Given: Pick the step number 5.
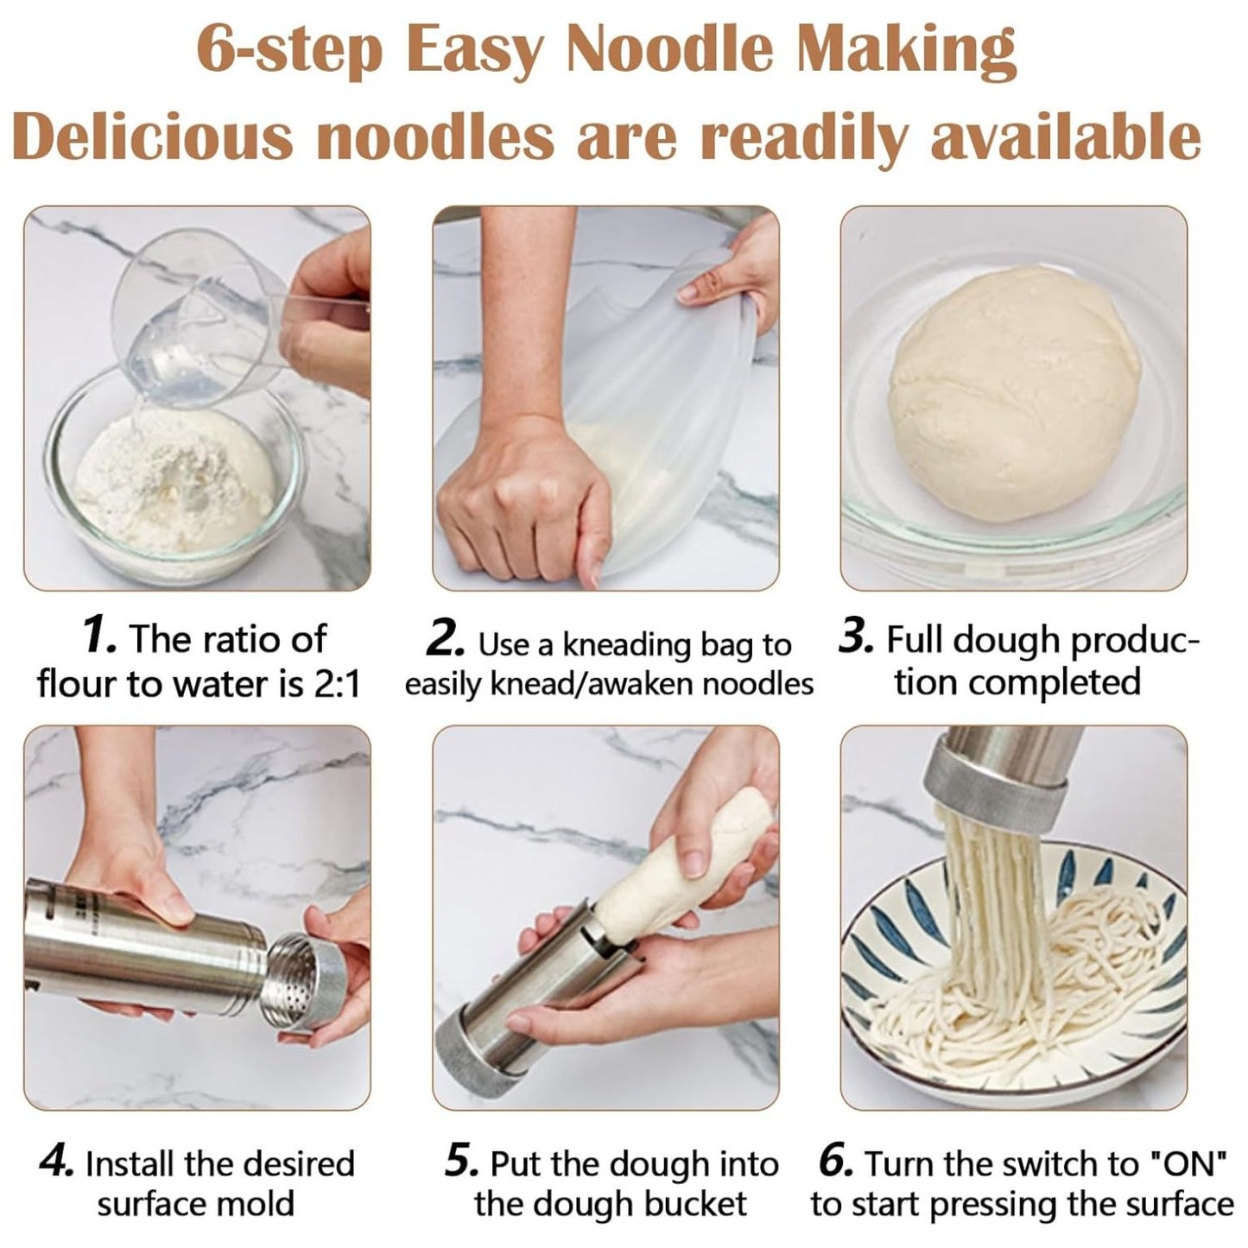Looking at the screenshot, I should click(462, 1162).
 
